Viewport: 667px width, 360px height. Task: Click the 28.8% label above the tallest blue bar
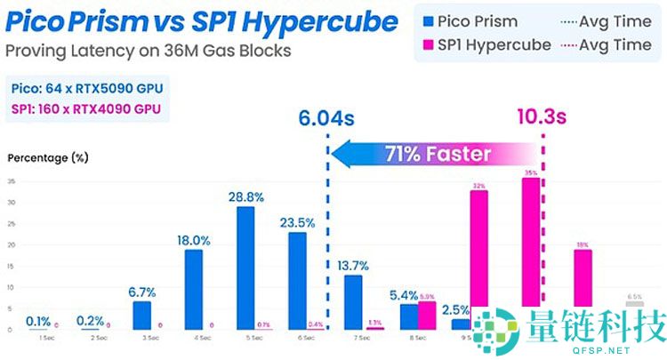[x=245, y=196]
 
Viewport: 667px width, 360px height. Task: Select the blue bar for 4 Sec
[x=193, y=289]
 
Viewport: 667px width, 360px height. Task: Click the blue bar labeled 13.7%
[x=353, y=302]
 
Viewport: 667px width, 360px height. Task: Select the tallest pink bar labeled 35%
[x=531, y=253]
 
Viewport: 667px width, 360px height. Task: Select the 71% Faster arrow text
[x=437, y=153]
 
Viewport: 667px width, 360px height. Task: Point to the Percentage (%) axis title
[x=48, y=158]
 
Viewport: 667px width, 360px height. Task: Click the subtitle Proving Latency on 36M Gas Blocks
[x=148, y=51]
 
